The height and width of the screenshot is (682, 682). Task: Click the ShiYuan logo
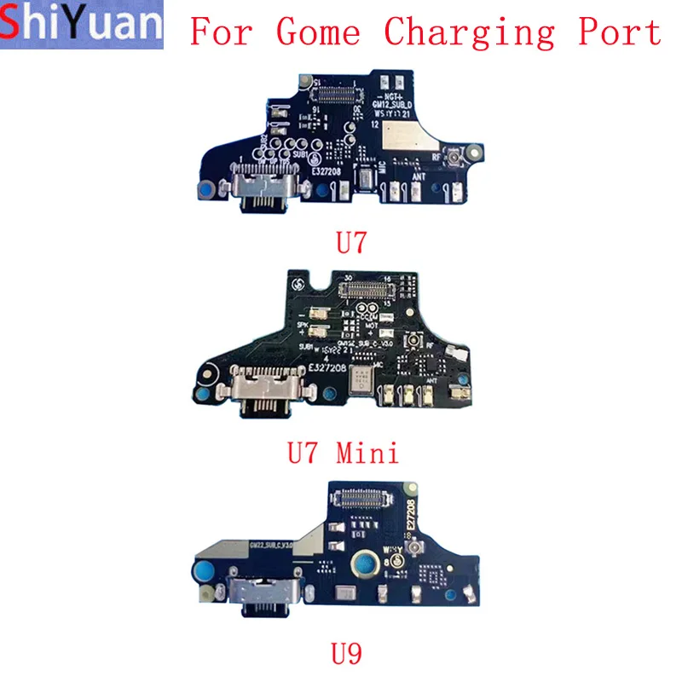point(82,26)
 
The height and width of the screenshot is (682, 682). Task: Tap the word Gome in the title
point(318,32)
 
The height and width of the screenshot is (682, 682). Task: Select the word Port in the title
point(621,32)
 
